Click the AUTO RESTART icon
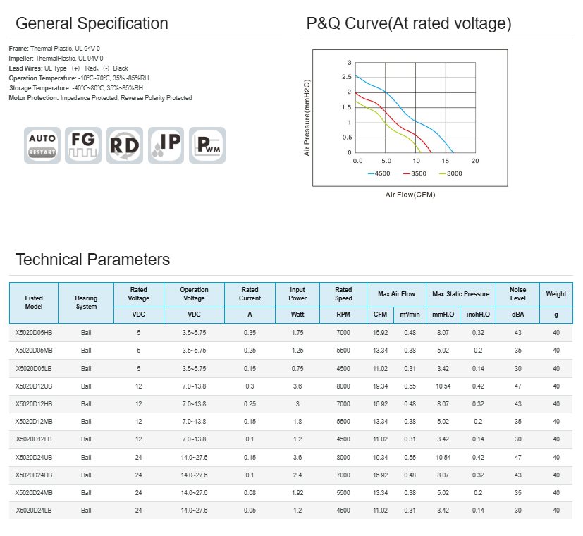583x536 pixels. click(x=42, y=145)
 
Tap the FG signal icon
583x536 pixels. click(x=83, y=145)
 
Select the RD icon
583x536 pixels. click(x=125, y=145)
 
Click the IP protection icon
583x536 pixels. click(x=166, y=145)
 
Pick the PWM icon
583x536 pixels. click(x=207, y=145)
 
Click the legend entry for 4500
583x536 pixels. click(x=380, y=173)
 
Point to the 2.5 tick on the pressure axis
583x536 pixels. click(x=348, y=92)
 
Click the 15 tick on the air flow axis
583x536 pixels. click(x=446, y=161)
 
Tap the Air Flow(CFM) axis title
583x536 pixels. click(x=410, y=194)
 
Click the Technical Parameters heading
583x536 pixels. click(x=92, y=260)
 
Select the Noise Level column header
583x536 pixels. click(x=518, y=294)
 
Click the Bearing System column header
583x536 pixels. click(x=86, y=303)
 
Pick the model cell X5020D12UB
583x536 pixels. click(x=34, y=386)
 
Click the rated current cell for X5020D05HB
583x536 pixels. click(x=250, y=332)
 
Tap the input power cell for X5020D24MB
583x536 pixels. click(x=297, y=492)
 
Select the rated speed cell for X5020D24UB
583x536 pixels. click(x=343, y=457)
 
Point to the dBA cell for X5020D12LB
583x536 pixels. click(x=518, y=439)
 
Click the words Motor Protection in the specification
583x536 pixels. click(x=33, y=98)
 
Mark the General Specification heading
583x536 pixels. click(x=92, y=23)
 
